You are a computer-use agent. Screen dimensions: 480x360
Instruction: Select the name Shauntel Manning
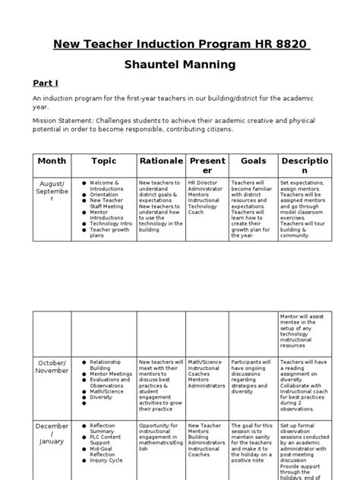click(180, 66)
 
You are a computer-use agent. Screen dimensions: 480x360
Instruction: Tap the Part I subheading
click(46, 83)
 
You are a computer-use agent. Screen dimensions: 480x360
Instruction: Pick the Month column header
click(52, 161)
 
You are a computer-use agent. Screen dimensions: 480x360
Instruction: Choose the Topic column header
click(104, 161)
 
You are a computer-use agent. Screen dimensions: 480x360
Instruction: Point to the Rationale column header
click(161, 161)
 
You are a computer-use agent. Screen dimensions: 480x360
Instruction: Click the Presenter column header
click(207, 166)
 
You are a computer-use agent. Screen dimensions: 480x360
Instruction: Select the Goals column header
click(254, 161)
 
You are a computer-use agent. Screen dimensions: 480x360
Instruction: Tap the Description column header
click(305, 166)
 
